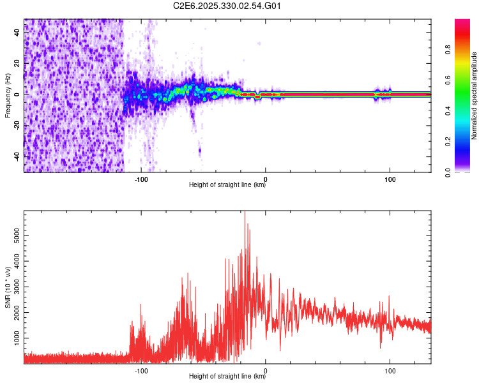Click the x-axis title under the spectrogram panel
click(x=227, y=185)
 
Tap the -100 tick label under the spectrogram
click(x=141, y=179)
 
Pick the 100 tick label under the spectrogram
click(x=390, y=179)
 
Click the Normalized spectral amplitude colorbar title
click(x=475, y=96)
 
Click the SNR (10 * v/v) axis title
click(x=8, y=287)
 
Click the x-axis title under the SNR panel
click(x=227, y=377)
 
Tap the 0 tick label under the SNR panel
click(x=266, y=370)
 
